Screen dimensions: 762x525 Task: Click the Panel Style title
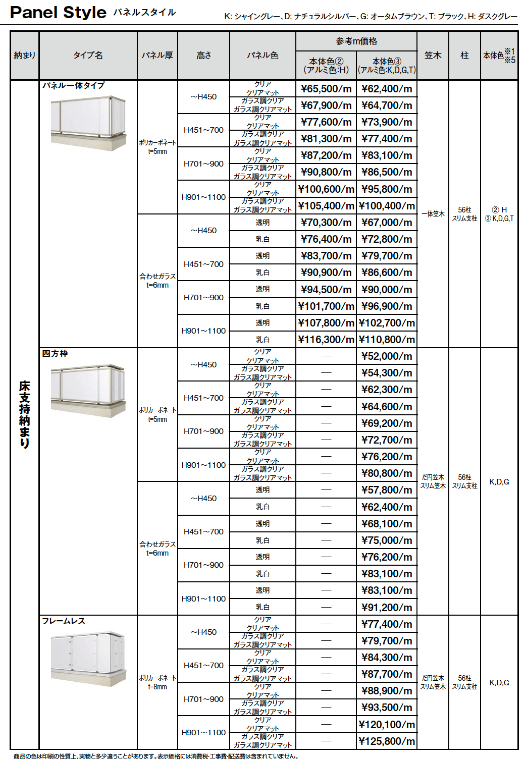(x=58, y=13)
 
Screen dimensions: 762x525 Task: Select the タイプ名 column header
(x=88, y=56)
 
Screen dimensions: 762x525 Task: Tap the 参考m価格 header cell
(x=356, y=41)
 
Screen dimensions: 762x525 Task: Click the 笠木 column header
(x=433, y=56)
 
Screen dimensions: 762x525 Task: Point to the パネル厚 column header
(x=157, y=56)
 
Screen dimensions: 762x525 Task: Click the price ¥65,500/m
(x=326, y=89)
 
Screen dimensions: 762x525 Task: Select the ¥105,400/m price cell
(x=326, y=206)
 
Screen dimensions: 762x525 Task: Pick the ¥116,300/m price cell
(x=326, y=340)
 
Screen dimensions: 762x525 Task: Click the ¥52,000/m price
(x=387, y=356)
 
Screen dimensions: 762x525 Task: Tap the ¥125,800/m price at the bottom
(x=387, y=741)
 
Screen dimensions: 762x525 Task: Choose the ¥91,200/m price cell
(x=387, y=607)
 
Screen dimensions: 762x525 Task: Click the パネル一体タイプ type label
(x=73, y=86)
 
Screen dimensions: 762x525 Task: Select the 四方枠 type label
(x=55, y=354)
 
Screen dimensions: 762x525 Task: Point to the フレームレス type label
(x=64, y=621)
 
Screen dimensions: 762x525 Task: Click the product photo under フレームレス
(x=88, y=658)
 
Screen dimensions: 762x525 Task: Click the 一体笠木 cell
(x=433, y=214)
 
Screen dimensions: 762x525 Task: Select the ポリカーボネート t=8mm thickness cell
(x=157, y=682)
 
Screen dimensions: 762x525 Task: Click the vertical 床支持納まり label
(x=24, y=414)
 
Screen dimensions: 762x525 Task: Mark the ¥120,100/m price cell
(x=387, y=725)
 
